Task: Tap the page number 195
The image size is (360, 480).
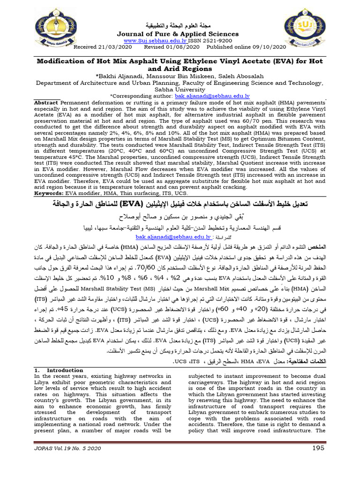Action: (318, 462)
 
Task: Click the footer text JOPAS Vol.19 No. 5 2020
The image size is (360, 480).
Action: (67, 463)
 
